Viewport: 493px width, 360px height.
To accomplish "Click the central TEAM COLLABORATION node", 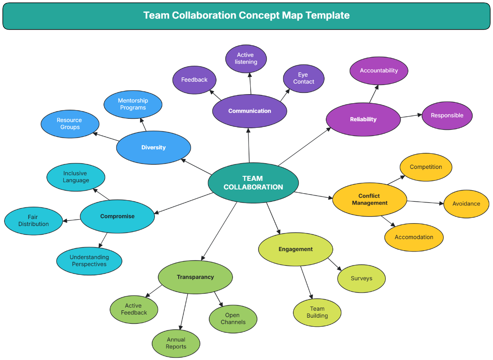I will [253, 183].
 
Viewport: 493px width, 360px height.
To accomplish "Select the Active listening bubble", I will [246, 58].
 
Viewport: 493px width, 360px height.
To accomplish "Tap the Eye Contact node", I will [304, 78].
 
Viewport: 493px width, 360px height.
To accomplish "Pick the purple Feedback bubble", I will [194, 80].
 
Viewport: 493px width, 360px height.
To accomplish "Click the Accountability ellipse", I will [379, 71].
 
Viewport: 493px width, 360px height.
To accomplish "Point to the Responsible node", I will [447, 115].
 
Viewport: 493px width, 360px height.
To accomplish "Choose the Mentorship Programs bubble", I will [133, 104].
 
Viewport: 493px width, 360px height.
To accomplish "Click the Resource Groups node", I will [70, 124].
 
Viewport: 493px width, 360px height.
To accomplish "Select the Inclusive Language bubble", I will [76, 177].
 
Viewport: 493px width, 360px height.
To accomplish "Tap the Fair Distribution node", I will [33, 221].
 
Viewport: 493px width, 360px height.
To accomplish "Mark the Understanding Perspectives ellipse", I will [89, 261].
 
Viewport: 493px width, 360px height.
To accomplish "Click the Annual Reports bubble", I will [176, 343].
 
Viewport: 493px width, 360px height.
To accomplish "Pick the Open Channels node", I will [233, 319].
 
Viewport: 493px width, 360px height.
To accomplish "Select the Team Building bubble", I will [317, 312].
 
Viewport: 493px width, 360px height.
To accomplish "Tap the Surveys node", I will [362, 279].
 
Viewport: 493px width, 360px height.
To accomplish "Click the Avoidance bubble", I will [466, 204].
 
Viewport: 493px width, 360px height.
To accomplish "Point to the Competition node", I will [426, 167].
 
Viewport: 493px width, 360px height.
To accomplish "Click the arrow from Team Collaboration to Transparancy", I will [219, 231].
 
